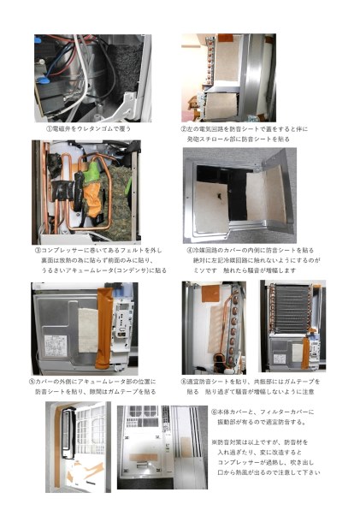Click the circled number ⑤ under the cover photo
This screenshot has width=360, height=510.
point(32,381)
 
